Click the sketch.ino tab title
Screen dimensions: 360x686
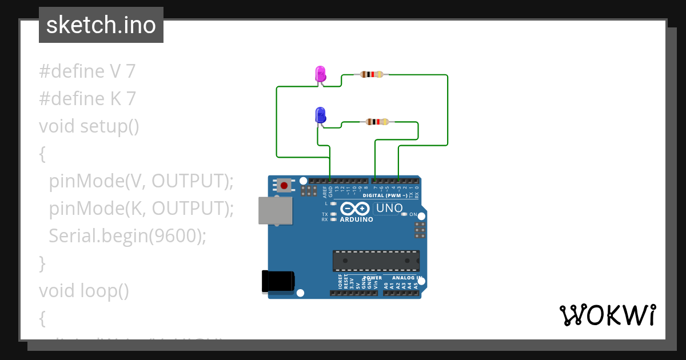click(x=101, y=25)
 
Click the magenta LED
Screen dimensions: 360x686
click(x=321, y=74)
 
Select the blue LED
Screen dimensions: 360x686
click(x=320, y=115)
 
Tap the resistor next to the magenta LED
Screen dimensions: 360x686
click(x=372, y=74)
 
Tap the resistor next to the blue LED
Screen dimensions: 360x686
click(x=377, y=122)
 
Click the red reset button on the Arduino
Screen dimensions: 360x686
click(x=284, y=185)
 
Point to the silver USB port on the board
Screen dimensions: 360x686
click(x=274, y=210)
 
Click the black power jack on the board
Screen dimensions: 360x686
click(x=277, y=281)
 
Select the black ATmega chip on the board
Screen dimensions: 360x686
click(x=376, y=261)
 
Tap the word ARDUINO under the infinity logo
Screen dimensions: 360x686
click(x=356, y=219)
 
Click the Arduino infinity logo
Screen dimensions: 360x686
click(x=356, y=209)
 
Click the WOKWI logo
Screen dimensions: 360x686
click(x=607, y=315)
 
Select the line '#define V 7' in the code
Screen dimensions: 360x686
click(x=87, y=71)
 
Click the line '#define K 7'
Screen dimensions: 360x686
click(x=87, y=99)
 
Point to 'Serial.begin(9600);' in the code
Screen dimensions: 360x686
click(x=127, y=236)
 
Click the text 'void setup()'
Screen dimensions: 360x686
click(x=89, y=126)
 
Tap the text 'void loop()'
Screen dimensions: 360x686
click(x=84, y=291)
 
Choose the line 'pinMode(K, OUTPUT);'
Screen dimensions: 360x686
click(x=142, y=208)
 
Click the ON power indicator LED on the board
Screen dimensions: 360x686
click(x=404, y=214)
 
